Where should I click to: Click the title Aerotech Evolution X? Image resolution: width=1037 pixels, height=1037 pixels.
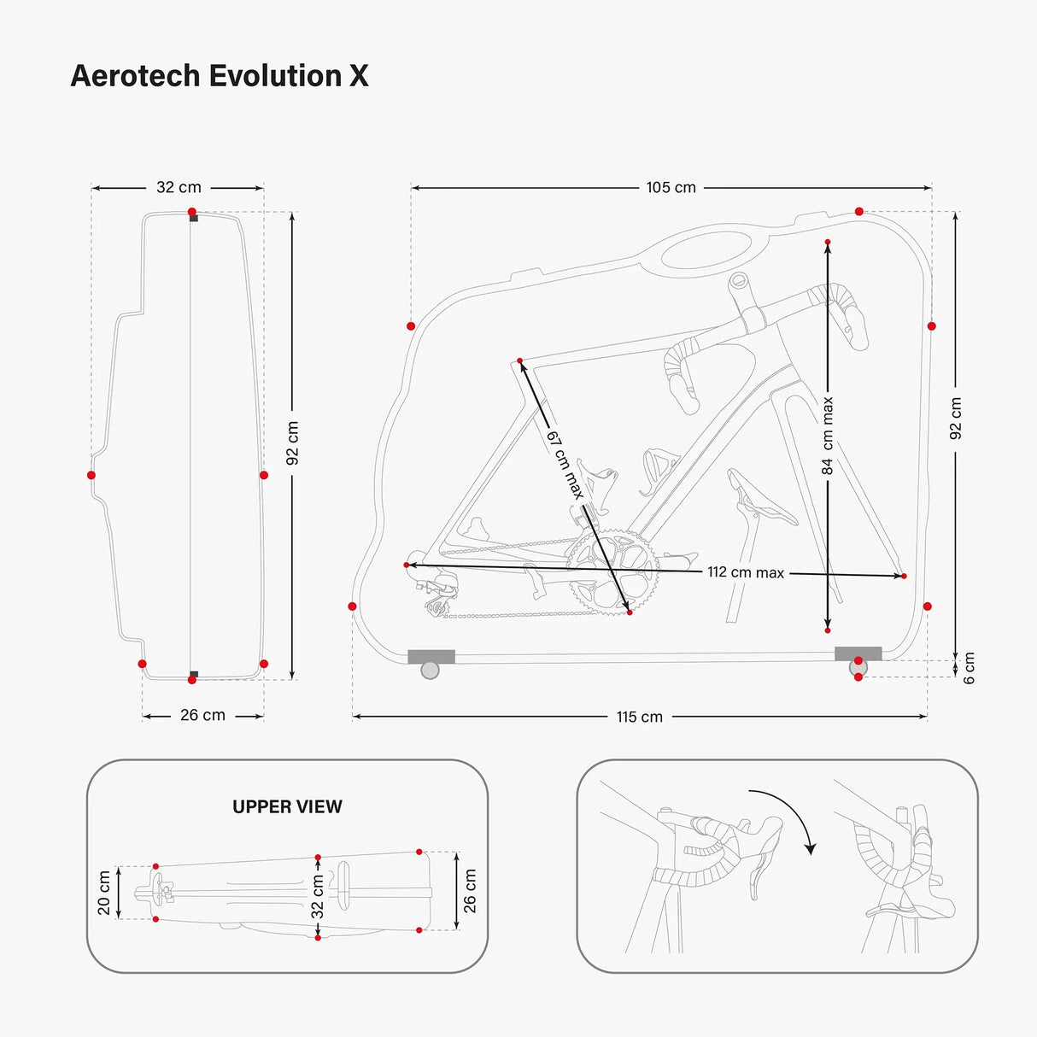pos(220,76)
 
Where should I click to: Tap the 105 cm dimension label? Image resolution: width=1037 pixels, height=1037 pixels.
pos(671,187)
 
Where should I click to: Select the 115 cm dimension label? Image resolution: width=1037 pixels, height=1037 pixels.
pos(640,717)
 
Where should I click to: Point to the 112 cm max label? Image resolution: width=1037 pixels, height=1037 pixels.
pos(745,572)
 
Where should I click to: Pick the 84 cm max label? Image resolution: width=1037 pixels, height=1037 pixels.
pos(827,436)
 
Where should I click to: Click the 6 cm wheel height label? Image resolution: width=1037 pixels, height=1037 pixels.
pos(969,667)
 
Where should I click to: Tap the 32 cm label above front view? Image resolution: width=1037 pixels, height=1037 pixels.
pos(179,187)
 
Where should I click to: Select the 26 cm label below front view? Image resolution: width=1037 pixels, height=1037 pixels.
pos(202,715)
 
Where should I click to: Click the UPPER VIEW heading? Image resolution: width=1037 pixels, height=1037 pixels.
pos(287,806)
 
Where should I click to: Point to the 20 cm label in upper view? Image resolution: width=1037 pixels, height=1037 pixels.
pos(104,893)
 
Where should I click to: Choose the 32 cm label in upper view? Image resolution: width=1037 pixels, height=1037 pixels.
pos(318,896)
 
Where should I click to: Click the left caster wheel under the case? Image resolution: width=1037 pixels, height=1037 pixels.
pos(431,670)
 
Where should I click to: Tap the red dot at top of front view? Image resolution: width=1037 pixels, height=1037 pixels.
pos(192,212)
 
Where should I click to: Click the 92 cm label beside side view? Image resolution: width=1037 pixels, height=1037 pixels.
pos(956,419)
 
